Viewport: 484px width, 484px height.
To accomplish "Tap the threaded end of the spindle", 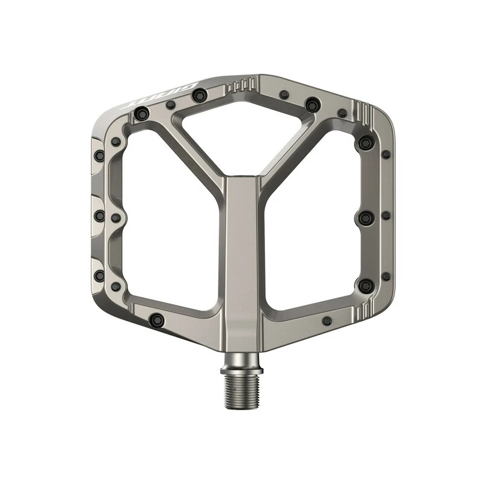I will point(242,390).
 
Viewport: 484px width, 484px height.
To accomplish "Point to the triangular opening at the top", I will point(242,130).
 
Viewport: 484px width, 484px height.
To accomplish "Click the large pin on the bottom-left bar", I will point(157,319).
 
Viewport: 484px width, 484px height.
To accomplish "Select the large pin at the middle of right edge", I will point(365,217).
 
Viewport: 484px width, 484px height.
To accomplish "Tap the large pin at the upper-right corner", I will point(365,143).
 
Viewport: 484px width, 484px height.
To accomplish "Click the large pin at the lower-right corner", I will point(365,285).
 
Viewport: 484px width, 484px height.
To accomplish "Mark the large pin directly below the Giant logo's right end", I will point(199,95).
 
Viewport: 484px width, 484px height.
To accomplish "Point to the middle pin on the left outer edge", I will point(100,216).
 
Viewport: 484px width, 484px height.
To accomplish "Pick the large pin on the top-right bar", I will point(312,105).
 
